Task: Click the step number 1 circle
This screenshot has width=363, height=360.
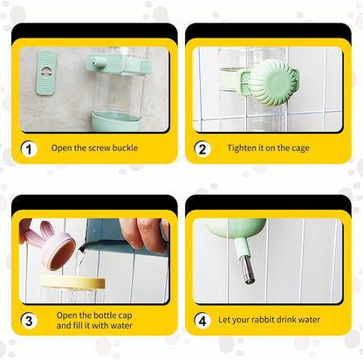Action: pos(29,149)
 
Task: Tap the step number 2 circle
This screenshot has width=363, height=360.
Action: pos(202,149)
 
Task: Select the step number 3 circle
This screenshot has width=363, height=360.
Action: pos(29,321)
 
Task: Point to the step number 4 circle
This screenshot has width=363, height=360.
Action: pos(202,321)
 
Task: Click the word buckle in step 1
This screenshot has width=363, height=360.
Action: pos(125,148)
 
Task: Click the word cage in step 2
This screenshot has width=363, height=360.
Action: pos(300,149)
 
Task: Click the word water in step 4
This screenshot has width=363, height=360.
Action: pos(309,320)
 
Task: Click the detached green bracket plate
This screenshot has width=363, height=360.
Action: pos(46,73)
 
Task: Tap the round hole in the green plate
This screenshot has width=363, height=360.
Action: pos(46,72)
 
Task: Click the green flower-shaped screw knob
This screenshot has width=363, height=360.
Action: pos(273,82)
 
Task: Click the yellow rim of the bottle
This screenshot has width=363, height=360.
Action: pos(72,281)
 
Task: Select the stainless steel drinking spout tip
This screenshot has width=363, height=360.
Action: pos(247,270)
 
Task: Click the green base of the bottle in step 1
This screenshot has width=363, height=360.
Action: pos(116,122)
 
